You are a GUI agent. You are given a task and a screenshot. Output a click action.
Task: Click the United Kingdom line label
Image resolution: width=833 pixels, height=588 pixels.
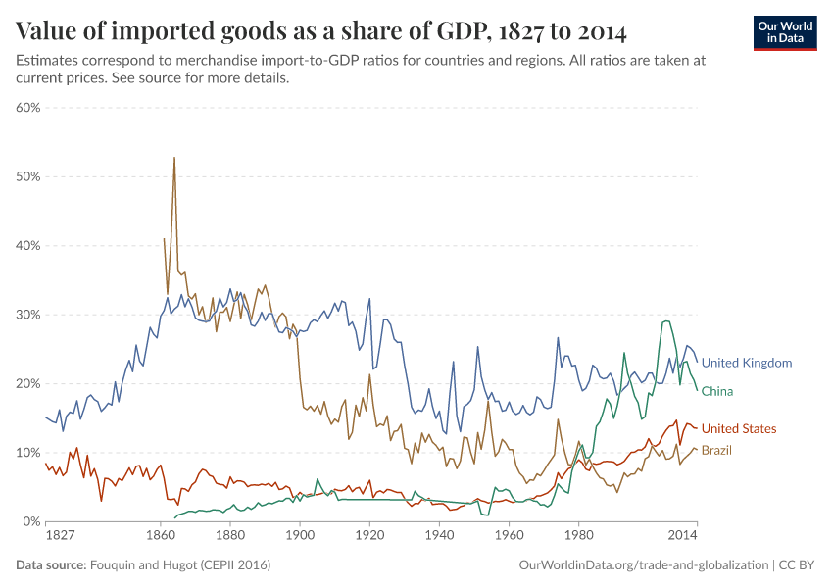(746, 363)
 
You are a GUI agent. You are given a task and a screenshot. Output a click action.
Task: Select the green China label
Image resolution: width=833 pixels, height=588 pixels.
(717, 391)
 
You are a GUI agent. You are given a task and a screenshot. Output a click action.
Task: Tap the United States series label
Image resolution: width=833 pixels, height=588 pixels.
(739, 429)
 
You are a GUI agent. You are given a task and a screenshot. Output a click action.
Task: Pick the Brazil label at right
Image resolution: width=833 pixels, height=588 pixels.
(716, 450)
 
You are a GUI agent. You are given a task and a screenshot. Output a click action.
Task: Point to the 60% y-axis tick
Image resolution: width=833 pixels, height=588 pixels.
(27, 108)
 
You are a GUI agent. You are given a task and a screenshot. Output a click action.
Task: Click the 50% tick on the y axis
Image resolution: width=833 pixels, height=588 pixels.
(27, 176)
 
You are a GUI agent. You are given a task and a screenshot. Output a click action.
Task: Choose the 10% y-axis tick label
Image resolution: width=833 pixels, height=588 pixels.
(27, 453)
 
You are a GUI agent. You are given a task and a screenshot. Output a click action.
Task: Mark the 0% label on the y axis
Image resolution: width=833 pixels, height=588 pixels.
(30, 521)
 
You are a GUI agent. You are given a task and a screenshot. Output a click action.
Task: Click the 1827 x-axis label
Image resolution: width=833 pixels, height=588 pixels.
(60, 537)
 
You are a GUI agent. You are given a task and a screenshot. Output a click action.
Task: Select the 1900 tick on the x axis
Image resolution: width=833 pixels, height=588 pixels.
(300, 537)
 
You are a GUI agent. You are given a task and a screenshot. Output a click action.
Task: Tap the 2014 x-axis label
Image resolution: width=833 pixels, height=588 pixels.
(683, 537)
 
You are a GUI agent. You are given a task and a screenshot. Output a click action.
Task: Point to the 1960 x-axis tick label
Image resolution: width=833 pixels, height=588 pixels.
(509, 537)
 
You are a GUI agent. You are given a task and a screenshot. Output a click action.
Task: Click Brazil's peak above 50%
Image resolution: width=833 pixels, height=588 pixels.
(174, 158)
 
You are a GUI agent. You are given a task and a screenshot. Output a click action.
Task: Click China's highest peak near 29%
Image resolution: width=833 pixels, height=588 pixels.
(665, 320)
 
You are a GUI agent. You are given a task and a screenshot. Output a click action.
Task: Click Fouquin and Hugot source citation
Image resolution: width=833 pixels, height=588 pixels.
(180, 565)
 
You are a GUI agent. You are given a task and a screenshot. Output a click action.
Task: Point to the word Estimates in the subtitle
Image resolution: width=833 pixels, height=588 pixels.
(46, 61)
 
